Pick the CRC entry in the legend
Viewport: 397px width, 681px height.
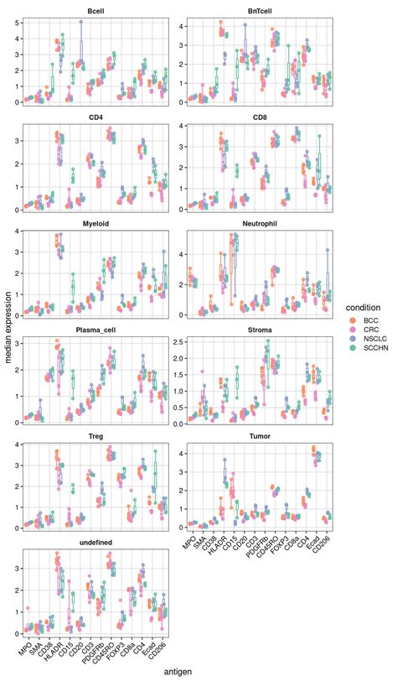click(x=364, y=333)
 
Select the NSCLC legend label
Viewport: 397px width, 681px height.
click(x=369, y=347)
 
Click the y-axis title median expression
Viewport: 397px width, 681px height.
click(x=8, y=339)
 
